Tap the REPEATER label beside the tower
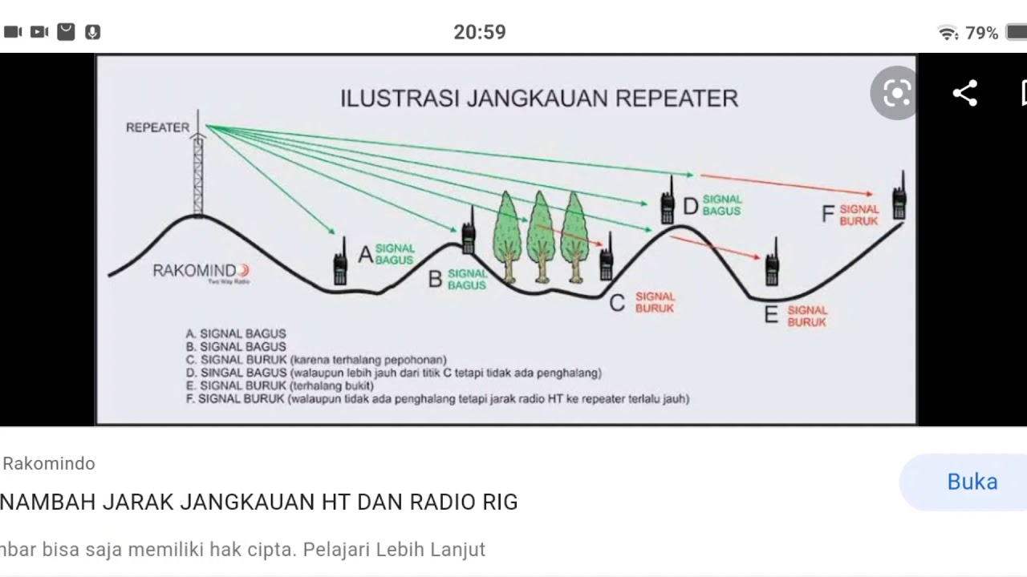coord(157,127)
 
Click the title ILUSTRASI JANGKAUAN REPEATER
coord(538,99)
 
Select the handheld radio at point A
coord(340,263)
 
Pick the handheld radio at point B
coord(469,232)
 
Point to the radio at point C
coord(607,258)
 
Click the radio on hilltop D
coord(668,202)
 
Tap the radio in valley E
coord(772,264)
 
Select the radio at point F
coord(899,198)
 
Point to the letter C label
coord(616,303)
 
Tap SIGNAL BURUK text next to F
coord(859,215)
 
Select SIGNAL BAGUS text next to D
coord(721,205)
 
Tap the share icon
coord(964,93)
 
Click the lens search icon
coord(895,94)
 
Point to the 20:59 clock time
coord(480,33)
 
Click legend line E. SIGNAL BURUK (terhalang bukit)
coord(269,385)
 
